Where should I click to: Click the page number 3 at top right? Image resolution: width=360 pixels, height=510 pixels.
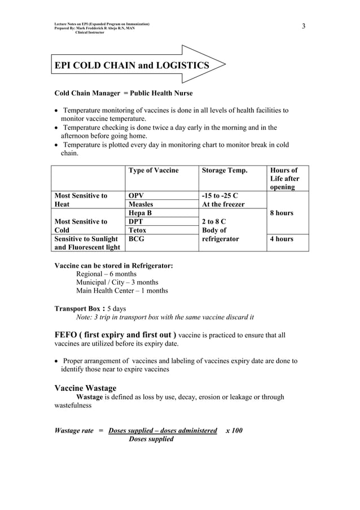(x=304, y=27)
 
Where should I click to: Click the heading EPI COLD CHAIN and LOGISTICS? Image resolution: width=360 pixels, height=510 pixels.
(x=131, y=66)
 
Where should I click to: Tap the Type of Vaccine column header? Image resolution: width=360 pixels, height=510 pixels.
(x=153, y=170)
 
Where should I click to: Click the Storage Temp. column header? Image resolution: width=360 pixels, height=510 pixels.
(x=224, y=170)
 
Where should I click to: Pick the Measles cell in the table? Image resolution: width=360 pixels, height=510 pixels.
(x=141, y=204)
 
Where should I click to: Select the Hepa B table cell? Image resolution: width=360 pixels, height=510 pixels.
(x=141, y=213)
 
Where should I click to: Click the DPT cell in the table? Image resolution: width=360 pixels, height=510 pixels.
(x=137, y=222)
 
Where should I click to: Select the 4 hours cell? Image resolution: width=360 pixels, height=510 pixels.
(x=282, y=239)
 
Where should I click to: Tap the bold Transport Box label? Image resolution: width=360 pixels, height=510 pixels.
(x=79, y=308)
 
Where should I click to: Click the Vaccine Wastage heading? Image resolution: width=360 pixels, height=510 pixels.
(x=85, y=388)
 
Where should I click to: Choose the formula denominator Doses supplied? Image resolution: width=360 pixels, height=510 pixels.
(x=151, y=439)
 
